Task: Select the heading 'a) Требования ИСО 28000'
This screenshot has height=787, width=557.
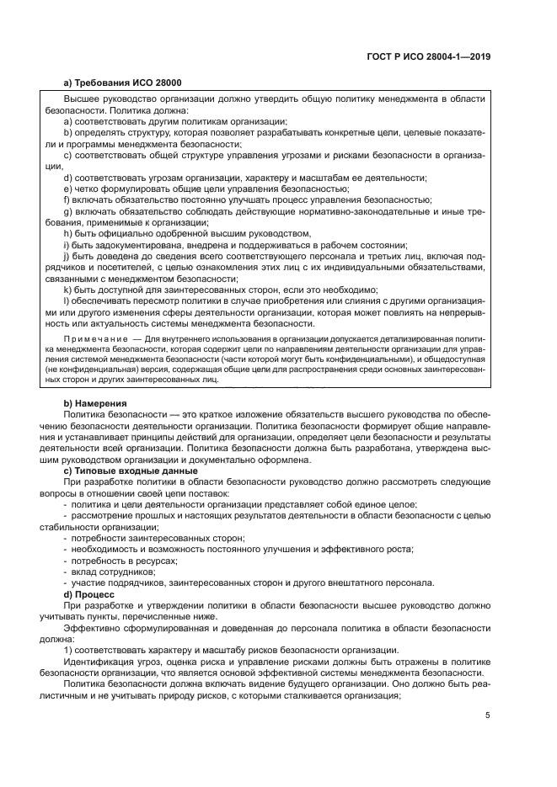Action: (122, 82)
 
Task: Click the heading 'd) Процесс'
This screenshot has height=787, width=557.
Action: (90, 593)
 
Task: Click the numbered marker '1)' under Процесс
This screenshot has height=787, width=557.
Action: (68, 650)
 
